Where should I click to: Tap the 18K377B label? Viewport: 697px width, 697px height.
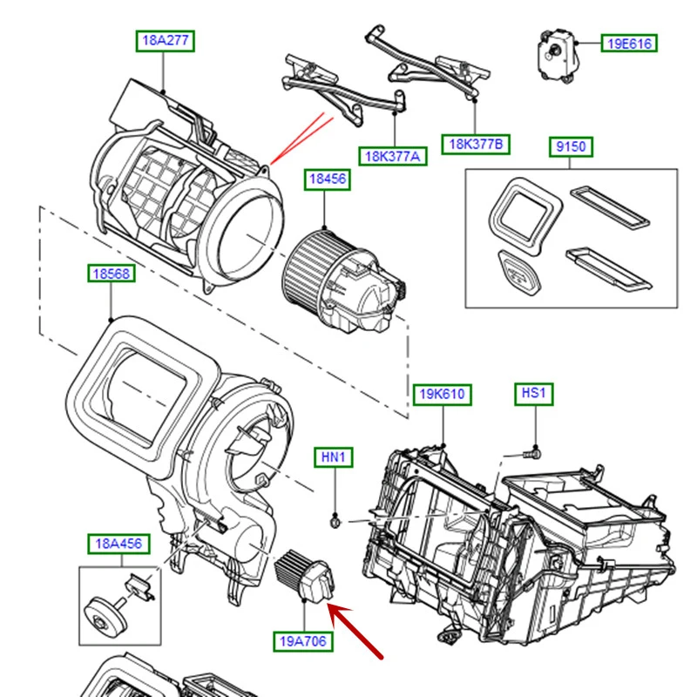[x=475, y=144]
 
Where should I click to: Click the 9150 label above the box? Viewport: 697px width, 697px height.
[x=571, y=146]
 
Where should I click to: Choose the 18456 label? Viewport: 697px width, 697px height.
[x=326, y=179]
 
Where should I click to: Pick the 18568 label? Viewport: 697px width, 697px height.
[x=111, y=274]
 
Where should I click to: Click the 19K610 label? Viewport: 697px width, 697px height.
[x=443, y=395]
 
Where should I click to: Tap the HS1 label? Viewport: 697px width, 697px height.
[x=533, y=395]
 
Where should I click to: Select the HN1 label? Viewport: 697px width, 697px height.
[x=335, y=457]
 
